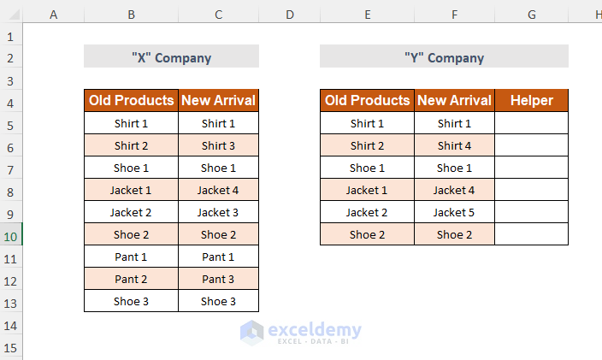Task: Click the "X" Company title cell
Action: [171, 57]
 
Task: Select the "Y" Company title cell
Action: [444, 57]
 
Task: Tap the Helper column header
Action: [531, 101]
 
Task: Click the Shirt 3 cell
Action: [218, 145]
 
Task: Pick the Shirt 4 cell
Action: [454, 145]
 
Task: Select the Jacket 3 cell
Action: [218, 212]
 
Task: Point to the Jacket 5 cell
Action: [454, 212]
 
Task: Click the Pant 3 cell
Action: [218, 279]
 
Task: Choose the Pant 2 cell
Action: [131, 279]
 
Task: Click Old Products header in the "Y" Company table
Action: [367, 101]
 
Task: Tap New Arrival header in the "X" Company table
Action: [218, 101]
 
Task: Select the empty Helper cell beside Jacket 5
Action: [531, 212]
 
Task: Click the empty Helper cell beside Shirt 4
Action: [531, 145]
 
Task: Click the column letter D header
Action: [289, 15]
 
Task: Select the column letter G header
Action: [531, 15]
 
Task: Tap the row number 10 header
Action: [11, 235]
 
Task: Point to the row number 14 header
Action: [11, 324]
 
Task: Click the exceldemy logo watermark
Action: [301, 332]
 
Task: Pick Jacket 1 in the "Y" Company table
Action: [367, 190]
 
